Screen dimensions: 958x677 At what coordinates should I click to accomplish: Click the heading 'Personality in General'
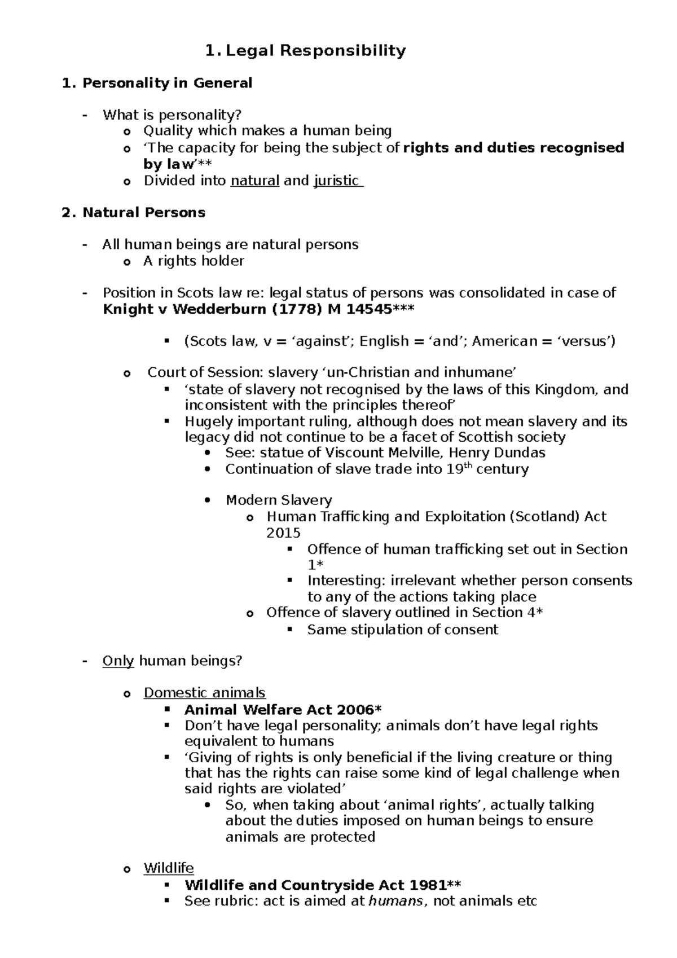167,84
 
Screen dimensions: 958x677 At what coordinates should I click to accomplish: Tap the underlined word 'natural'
255,181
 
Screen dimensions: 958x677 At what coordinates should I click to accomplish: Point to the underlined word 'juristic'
336,181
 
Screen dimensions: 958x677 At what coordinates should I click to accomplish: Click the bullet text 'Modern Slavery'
279,500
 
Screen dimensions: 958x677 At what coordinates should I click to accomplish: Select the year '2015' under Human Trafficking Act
283,533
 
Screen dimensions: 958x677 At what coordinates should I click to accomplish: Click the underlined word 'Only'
118,661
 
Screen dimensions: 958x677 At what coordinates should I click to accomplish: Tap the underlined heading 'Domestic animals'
204,693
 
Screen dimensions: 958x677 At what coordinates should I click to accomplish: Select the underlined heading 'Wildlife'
168,868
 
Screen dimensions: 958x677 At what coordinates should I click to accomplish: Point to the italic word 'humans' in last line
395,901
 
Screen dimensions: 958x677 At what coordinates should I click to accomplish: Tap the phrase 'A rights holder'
194,261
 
